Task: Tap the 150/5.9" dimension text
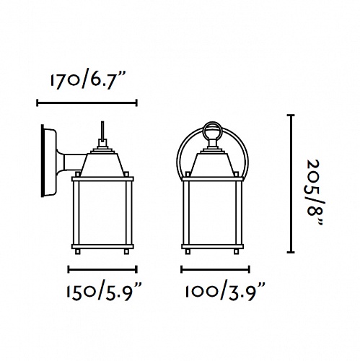coord(104,292)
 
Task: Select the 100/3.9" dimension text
coord(225,292)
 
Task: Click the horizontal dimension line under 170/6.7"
coord(87,103)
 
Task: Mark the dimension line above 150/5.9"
coord(102,269)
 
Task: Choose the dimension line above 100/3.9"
coord(215,269)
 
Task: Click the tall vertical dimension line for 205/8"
coord(291,183)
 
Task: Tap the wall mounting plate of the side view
coord(48,161)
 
